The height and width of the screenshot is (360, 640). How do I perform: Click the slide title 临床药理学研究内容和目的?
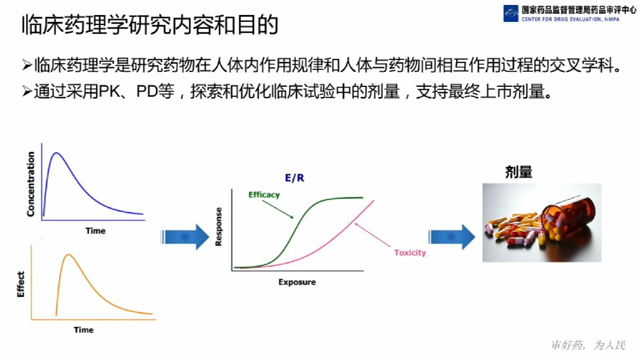[149, 24]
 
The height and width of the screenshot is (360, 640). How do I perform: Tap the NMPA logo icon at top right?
[511, 13]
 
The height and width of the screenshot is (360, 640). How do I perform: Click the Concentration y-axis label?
[31, 184]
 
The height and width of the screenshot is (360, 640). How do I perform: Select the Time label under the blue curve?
[95, 231]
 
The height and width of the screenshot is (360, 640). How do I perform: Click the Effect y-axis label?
[21, 284]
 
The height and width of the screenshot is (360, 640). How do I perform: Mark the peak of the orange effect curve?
[68, 255]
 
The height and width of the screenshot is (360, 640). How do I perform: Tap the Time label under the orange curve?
[83, 329]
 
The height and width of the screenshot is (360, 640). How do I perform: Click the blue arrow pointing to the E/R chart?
[185, 236]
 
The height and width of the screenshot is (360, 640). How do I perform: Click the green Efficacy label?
[264, 194]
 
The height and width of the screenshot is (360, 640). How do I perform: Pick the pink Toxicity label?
[410, 252]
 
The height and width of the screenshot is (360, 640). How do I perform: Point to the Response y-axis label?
[219, 226]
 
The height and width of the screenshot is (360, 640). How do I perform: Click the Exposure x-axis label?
[297, 282]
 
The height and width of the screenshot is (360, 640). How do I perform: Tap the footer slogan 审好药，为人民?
[587, 345]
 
